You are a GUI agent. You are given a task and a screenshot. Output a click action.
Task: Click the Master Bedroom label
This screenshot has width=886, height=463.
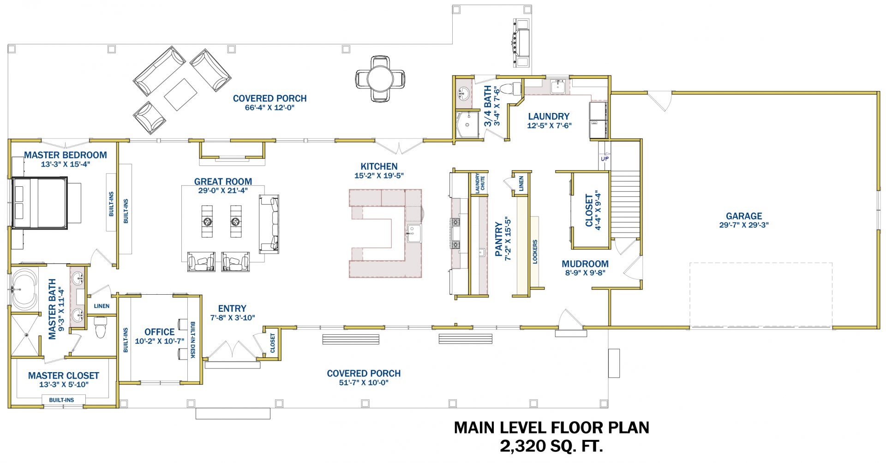tap(66, 155)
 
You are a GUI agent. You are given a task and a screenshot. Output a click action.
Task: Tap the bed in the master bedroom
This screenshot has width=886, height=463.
tap(40, 203)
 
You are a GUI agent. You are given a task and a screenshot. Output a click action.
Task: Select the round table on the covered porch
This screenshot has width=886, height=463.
tap(380, 79)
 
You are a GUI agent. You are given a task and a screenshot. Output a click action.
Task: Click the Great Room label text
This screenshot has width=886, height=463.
tap(223, 182)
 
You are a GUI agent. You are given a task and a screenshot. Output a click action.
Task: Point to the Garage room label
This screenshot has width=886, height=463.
tap(744, 216)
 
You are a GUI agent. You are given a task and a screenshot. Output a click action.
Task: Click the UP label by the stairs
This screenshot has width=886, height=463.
tap(605, 159)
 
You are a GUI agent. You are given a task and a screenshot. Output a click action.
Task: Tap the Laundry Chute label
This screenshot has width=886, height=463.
tap(480, 183)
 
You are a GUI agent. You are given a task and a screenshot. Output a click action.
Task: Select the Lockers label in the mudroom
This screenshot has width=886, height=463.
tap(535, 251)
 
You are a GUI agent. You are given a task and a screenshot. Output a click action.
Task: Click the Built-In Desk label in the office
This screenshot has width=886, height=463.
tap(192, 340)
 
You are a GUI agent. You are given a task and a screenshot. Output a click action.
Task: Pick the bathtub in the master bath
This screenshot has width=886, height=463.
tap(24, 290)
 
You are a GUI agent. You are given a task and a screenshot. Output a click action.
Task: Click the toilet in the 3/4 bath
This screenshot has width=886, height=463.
tap(510, 88)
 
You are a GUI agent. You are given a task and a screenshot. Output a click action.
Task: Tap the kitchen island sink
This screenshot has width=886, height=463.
tap(414, 233)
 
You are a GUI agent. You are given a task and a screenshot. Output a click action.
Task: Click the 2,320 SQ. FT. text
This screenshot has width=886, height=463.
tap(551, 446)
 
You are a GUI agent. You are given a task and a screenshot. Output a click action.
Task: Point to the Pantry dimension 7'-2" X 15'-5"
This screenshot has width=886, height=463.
tap(508, 238)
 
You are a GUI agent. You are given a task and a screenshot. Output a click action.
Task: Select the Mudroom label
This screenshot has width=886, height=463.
tap(585, 264)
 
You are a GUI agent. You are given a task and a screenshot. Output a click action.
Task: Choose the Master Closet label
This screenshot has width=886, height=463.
tap(64, 376)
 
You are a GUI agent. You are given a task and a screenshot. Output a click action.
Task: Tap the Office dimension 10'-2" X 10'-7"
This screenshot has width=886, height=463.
tap(159, 341)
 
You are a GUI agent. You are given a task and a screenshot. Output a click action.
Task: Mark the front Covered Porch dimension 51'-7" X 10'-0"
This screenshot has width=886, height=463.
tap(364, 383)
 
